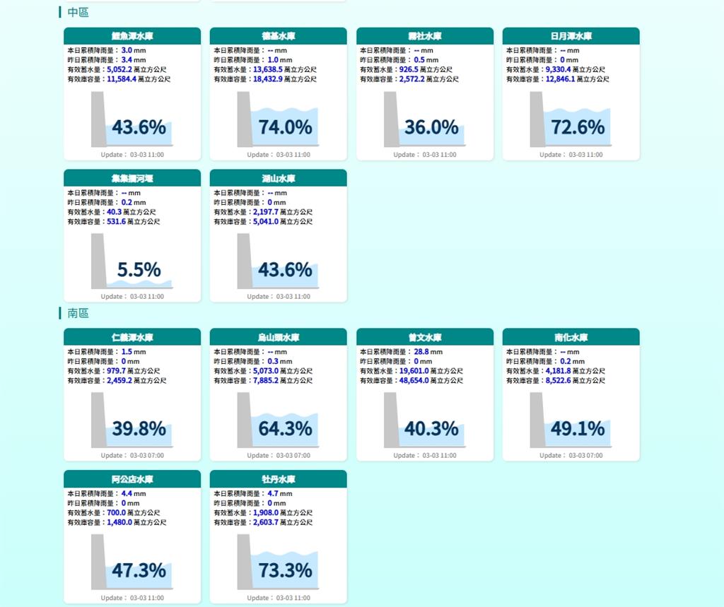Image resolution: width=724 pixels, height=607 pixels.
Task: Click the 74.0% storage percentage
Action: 285,127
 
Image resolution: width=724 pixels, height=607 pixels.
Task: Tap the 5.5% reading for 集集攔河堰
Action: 139,270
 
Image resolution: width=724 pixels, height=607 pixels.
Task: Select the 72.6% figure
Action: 578,127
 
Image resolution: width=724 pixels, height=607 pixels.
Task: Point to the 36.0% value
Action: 431,127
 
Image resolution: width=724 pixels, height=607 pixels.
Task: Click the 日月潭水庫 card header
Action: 571,36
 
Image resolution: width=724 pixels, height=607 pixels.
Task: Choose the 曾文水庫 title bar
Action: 424,337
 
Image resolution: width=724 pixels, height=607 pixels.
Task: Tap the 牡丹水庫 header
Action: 278,479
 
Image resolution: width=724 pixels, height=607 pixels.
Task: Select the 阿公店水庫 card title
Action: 132,479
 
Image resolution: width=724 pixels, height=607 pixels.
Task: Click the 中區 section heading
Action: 78,12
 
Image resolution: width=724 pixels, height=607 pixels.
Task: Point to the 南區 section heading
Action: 78,313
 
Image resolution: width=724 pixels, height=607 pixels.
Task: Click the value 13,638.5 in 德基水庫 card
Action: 268,70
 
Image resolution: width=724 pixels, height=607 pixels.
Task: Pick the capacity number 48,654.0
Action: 419,381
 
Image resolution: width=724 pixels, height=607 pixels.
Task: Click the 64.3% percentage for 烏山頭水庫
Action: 285,429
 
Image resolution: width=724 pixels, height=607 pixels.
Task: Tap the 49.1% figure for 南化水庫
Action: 578,429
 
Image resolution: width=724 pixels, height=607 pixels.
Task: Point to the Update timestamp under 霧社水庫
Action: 424,155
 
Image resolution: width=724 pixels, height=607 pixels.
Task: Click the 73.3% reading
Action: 285,571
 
